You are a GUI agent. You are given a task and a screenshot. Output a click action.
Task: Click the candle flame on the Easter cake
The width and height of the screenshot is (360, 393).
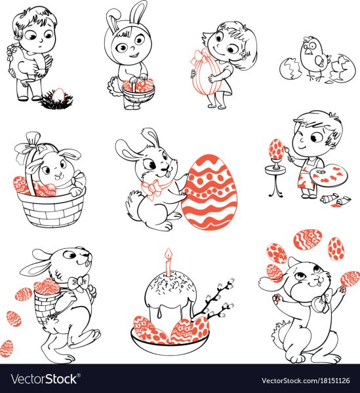coord(169,253)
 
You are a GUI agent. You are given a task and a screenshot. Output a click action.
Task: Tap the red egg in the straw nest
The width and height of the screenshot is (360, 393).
coord(58,94)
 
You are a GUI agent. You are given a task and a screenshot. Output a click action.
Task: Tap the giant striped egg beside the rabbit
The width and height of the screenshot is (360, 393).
coord(209,192)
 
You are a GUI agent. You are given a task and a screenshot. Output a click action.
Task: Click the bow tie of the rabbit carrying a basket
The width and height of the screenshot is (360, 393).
coord(80,281)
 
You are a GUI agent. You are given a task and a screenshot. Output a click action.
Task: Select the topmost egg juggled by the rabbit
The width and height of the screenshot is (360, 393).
coord(308,240)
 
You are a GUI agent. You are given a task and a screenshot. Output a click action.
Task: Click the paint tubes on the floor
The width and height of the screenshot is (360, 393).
coord(335,200)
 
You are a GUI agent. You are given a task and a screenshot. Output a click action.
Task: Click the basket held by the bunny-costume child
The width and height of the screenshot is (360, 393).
coord(138,92)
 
